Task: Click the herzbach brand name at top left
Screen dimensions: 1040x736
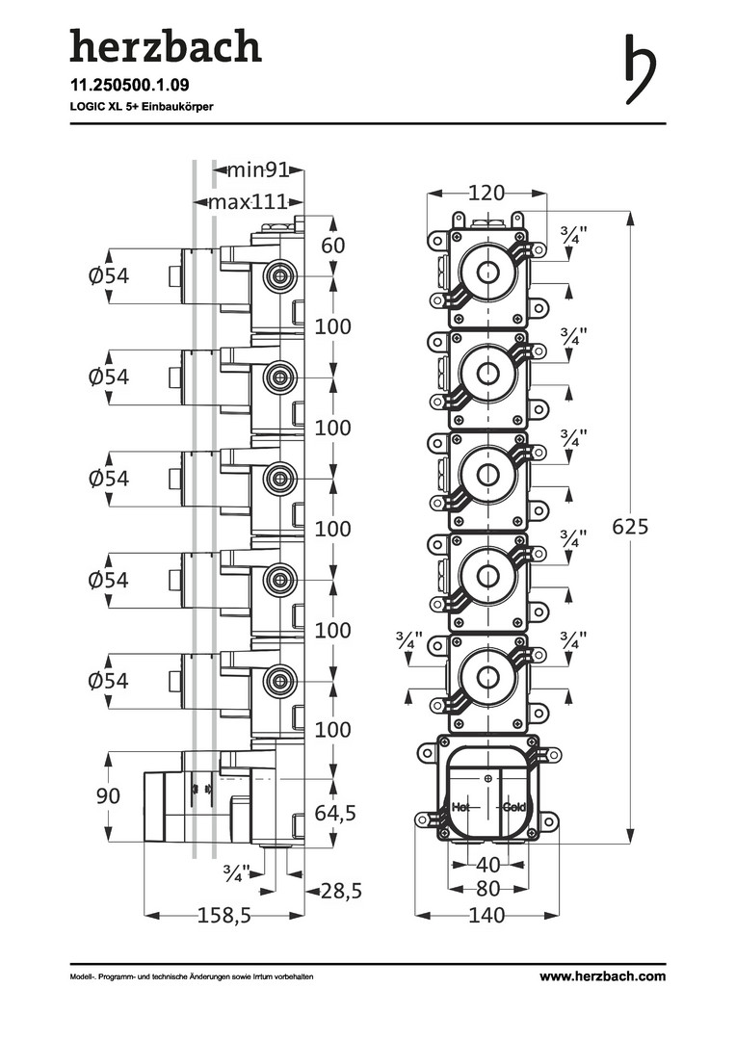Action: click(x=165, y=47)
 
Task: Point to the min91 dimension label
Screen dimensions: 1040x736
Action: click(x=258, y=171)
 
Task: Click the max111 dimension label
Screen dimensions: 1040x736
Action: click(x=249, y=202)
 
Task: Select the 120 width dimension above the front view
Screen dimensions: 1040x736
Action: click(x=486, y=193)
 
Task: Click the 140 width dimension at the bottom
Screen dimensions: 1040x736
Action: click(x=486, y=916)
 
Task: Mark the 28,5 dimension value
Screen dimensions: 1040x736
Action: click(x=341, y=892)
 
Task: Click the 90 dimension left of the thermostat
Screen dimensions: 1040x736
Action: click(x=108, y=796)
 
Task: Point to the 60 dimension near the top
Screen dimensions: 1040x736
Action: click(x=332, y=245)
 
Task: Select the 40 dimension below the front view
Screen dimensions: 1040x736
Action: click(x=487, y=864)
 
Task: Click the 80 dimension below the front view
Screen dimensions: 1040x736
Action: click(x=487, y=888)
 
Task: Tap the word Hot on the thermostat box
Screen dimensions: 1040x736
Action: click(x=460, y=807)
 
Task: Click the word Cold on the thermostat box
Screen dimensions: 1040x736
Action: click(x=514, y=807)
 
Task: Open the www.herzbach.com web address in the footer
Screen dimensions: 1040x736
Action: click(x=602, y=975)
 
